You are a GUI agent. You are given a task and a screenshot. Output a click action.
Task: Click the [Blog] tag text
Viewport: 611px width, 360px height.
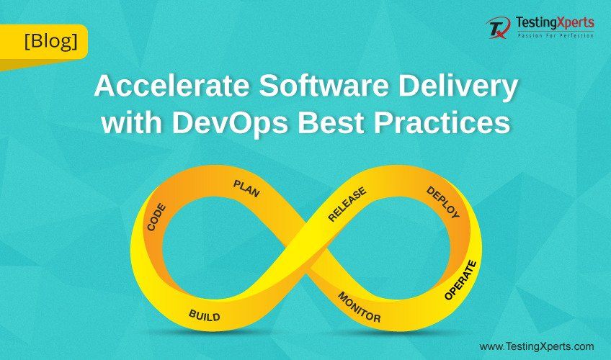[51, 41]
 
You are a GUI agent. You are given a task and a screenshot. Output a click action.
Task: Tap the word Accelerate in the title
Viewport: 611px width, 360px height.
[171, 86]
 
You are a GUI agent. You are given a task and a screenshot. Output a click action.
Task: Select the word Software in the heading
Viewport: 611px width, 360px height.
[324, 86]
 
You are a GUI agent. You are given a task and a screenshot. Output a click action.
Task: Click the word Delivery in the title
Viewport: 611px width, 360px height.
[458, 88]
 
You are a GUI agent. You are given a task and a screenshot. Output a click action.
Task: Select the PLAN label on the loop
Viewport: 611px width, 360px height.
[246, 189]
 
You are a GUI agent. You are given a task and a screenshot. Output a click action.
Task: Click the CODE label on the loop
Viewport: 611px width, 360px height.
[156, 217]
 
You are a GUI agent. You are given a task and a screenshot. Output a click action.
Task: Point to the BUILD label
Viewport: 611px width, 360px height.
[204, 315]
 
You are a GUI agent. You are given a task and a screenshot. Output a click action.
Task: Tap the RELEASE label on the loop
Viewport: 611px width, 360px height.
[347, 204]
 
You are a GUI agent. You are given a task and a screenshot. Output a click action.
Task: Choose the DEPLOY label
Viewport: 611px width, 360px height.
[443, 202]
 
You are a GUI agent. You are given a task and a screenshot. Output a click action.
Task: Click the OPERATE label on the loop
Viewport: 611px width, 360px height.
[460, 280]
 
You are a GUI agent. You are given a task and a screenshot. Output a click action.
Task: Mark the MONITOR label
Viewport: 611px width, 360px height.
[359, 307]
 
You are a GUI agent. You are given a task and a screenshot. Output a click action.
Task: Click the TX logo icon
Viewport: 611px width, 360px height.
[499, 27]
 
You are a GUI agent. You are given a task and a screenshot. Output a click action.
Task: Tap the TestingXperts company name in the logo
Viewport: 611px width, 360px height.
[555, 23]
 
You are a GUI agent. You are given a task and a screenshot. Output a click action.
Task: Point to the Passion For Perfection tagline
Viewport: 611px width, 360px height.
[556, 35]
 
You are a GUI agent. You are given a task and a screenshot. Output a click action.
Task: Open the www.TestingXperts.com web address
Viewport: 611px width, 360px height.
[537, 346]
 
